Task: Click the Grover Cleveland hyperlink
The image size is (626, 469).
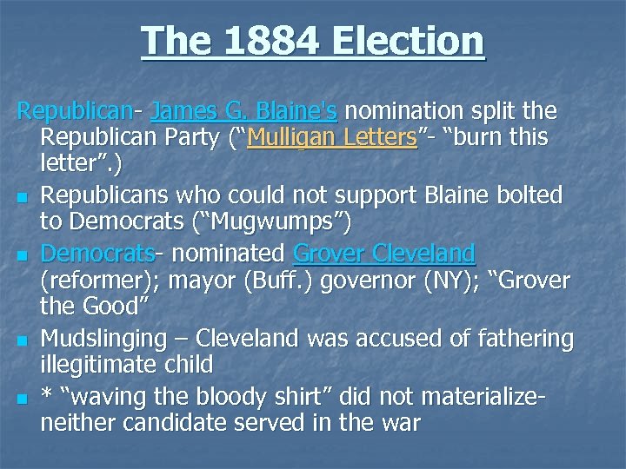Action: [x=384, y=254]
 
